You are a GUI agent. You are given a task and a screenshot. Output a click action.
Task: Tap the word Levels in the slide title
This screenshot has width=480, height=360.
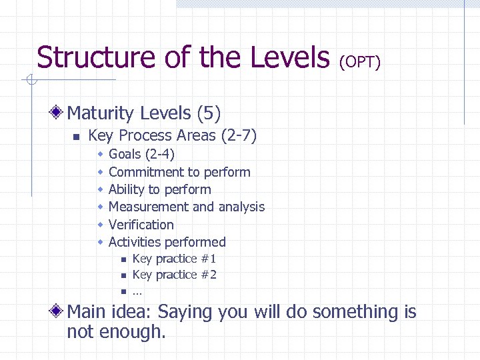tap(290, 57)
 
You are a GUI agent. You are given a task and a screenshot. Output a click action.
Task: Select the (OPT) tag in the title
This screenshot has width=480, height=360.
tap(360, 62)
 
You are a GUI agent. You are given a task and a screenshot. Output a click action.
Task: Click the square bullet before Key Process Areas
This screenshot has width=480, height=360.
tap(76, 137)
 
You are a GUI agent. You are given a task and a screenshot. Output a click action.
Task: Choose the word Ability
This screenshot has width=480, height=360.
tap(126, 189)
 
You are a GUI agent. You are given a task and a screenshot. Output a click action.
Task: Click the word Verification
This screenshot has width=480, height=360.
tap(141, 225)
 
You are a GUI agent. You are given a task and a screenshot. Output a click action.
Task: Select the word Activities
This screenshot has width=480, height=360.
tap(134, 242)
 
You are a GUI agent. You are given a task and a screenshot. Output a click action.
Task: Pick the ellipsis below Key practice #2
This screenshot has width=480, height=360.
tap(137, 292)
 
